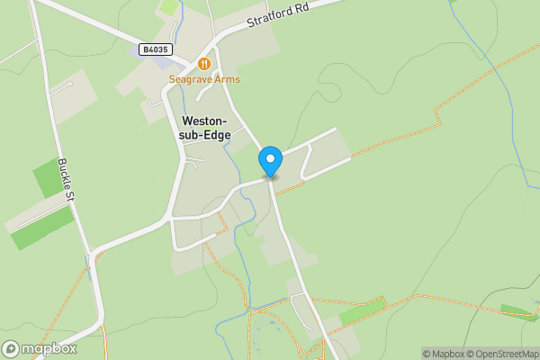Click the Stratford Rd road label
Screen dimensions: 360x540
279,19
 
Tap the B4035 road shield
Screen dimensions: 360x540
155,49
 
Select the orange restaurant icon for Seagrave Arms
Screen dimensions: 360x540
204,64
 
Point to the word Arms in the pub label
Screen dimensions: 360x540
228,79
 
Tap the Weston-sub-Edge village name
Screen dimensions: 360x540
206,128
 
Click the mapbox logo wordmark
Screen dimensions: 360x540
49,348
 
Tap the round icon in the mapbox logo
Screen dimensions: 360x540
11,348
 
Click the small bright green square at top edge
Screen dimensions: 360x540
169,6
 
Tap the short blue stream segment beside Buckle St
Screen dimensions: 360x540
87,262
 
